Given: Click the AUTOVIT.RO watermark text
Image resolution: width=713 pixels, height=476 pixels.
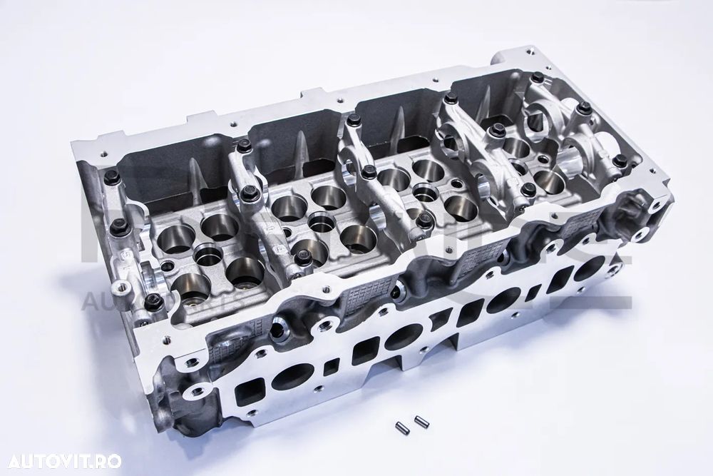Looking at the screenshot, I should click(61, 461).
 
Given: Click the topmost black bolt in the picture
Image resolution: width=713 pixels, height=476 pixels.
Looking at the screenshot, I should click(537, 77).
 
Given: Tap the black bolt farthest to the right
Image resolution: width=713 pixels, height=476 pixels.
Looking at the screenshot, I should click(620, 161).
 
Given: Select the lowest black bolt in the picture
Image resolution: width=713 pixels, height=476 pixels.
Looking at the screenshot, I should click(153, 303).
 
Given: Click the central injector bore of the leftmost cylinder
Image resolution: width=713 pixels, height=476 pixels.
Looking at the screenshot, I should click(208, 255).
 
